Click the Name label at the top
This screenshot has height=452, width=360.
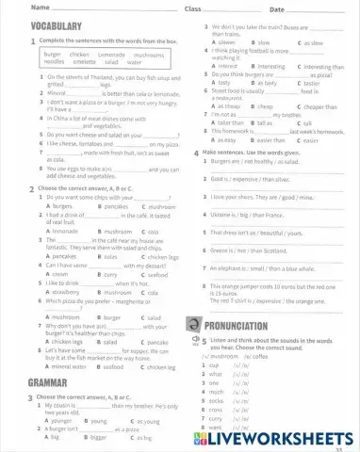pos(14,8)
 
